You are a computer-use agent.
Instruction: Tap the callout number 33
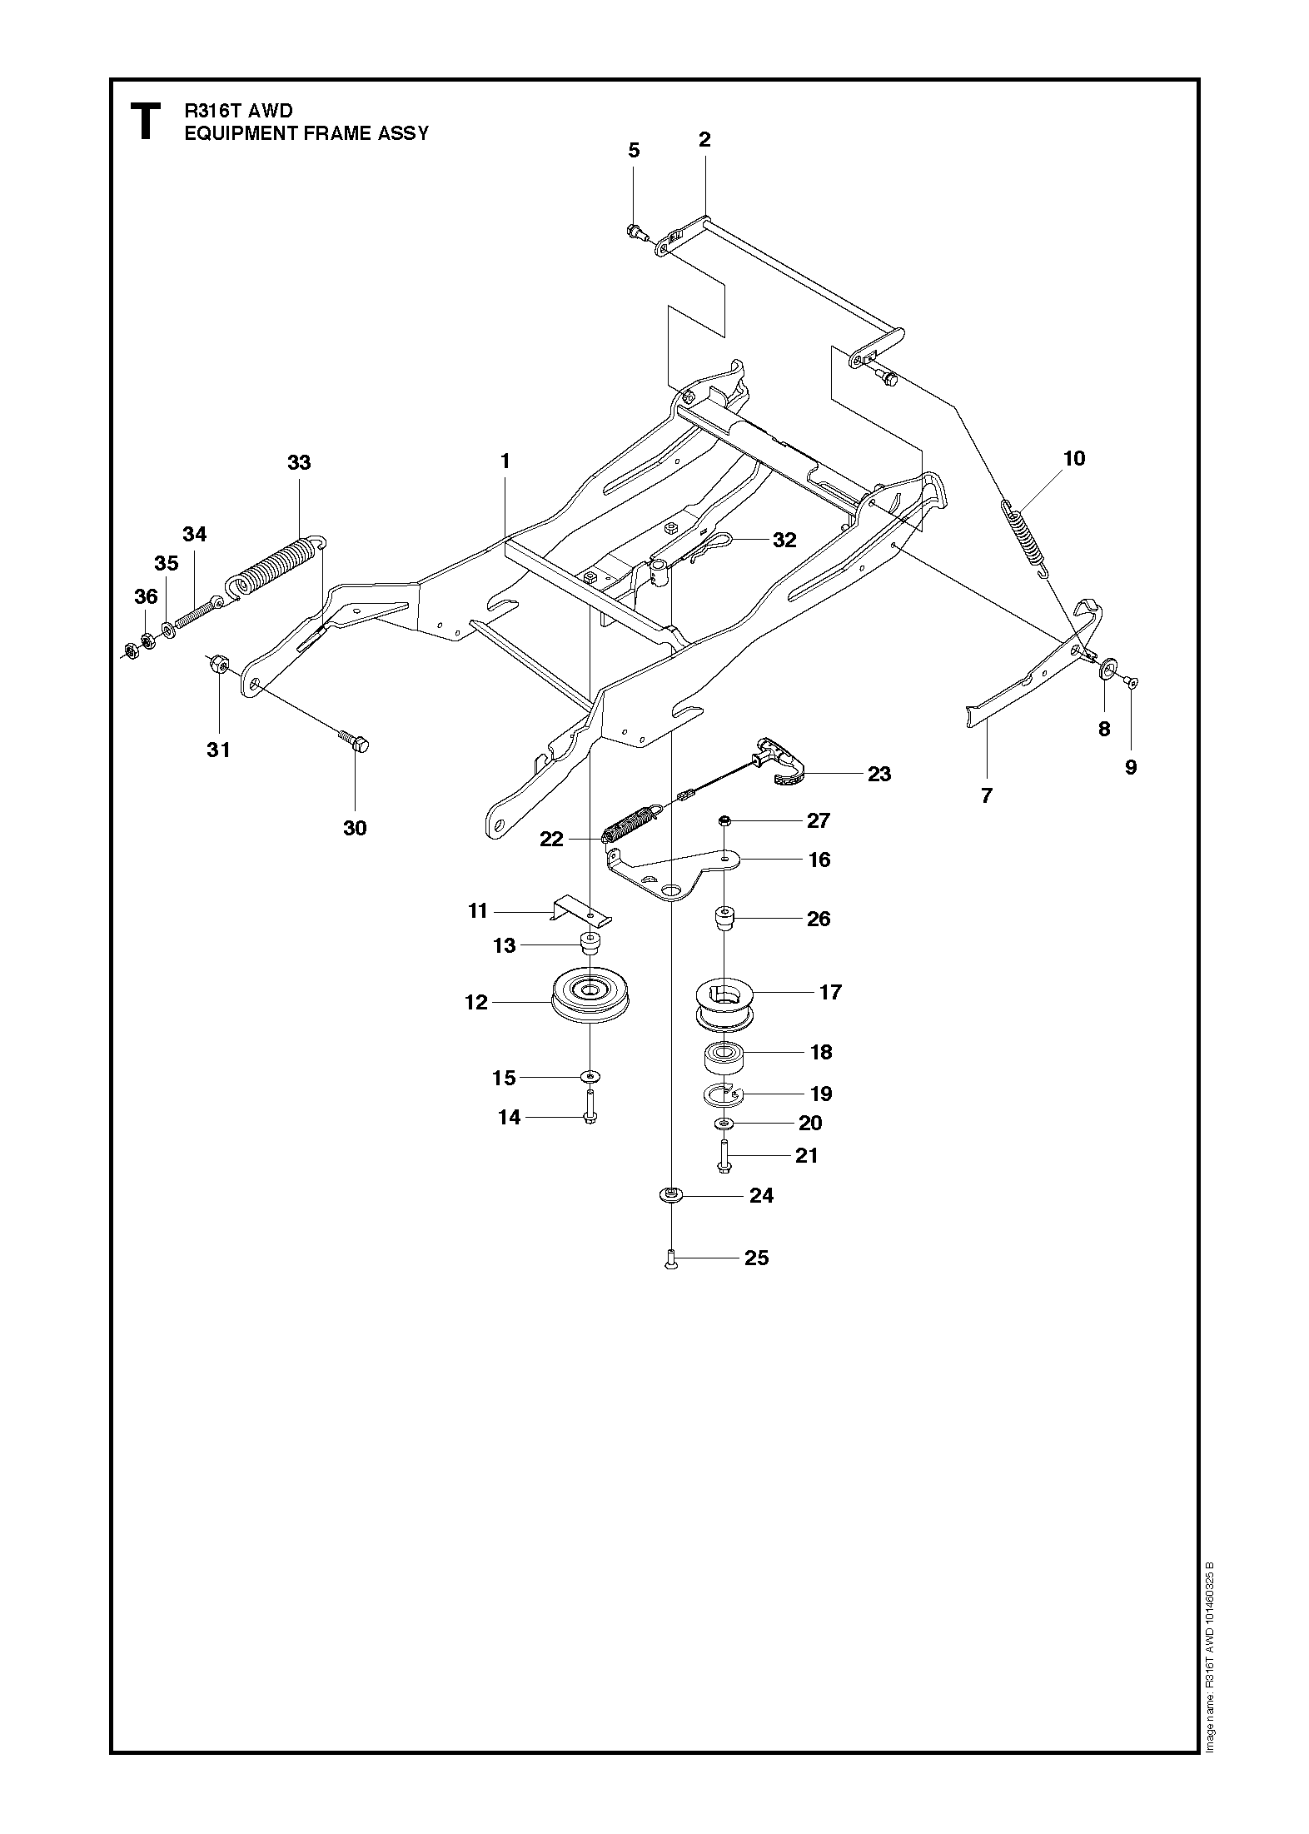coord(299,462)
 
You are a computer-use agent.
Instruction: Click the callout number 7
coord(987,796)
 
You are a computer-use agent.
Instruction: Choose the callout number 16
coord(819,860)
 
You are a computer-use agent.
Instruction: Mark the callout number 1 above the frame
coord(505,461)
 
